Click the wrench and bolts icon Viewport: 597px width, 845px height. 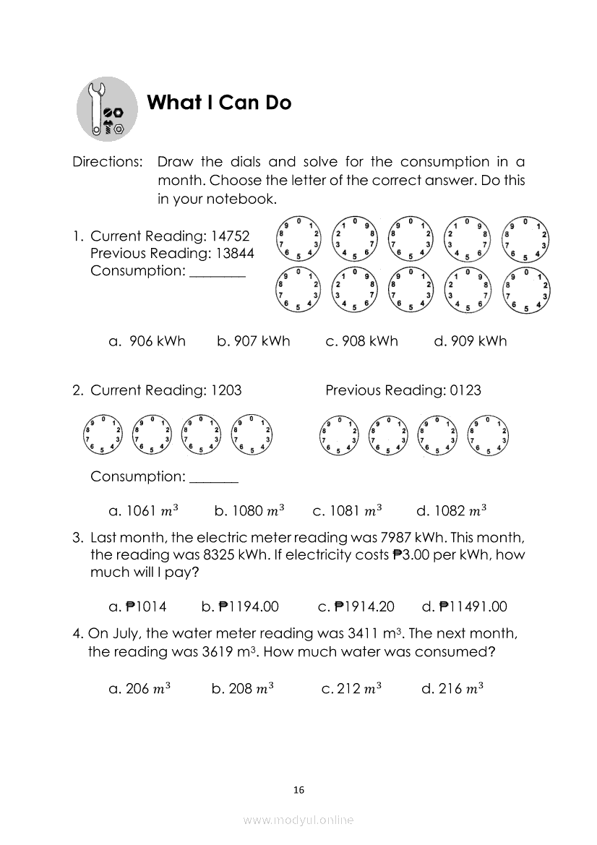pyautogui.click(x=107, y=111)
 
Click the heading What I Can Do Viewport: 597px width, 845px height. pyautogui.click(x=219, y=103)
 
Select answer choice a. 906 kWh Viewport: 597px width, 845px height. pyautogui.click(x=147, y=341)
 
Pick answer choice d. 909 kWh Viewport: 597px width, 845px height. pyautogui.click(x=471, y=341)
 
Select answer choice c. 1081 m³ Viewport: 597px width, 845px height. pyautogui.click(x=347, y=511)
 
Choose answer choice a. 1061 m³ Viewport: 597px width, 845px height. pyautogui.click(x=143, y=511)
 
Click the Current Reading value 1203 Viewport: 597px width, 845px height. pyautogui.click(x=226, y=390)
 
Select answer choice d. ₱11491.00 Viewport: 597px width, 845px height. pyautogui.click(x=464, y=606)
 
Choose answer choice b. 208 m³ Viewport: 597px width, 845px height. pyautogui.click(x=242, y=689)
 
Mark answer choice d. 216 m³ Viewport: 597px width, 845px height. pyautogui.click(x=452, y=689)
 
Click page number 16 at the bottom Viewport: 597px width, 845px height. pyautogui.click(x=298, y=790)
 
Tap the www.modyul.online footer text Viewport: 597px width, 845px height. pyautogui.click(x=298, y=820)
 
